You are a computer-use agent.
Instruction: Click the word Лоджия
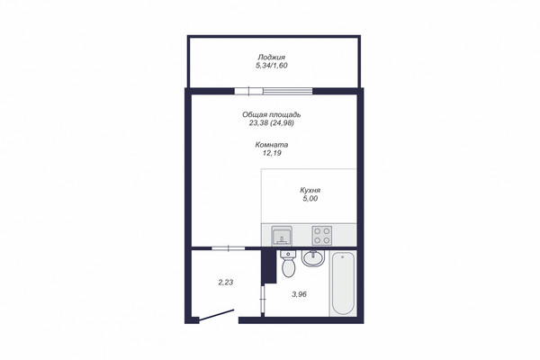[272, 58]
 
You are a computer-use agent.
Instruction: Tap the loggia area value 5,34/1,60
[272, 66]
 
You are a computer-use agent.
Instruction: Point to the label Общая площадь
[272, 114]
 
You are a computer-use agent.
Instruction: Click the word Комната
[272, 145]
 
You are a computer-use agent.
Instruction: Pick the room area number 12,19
[272, 153]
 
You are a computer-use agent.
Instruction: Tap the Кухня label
[310, 190]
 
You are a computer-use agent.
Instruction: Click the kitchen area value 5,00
[310, 198]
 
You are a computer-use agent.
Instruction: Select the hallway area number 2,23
[226, 283]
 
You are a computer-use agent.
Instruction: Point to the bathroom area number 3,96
[299, 294]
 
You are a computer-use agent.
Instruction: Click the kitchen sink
[282, 236]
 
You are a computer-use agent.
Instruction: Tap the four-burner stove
[321, 236]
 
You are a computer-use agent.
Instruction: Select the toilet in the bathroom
[288, 264]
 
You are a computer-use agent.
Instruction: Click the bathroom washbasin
[313, 258]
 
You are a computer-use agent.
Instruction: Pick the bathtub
[343, 283]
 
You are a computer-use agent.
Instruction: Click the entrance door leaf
[217, 315]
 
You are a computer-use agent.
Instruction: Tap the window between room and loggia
[274, 91]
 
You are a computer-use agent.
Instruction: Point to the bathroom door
[263, 299]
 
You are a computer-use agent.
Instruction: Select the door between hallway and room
[228, 248]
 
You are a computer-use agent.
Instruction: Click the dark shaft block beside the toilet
[269, 266]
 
